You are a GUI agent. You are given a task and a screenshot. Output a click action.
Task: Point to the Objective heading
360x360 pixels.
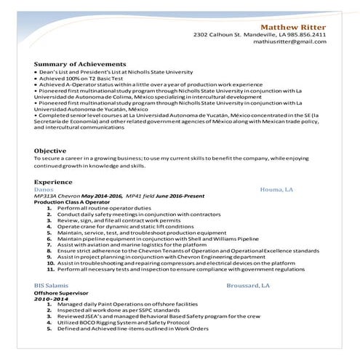(x=50, y=151)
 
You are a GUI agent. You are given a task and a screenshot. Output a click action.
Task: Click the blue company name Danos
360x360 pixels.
(x=44, y=188)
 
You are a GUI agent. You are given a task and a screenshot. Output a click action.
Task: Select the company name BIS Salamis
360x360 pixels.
(x=53, y=286)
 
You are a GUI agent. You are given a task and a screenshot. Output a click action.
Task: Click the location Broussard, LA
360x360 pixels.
(x=248, y=286)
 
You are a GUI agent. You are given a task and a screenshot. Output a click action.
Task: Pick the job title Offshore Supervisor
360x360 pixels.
(x=60, y=292)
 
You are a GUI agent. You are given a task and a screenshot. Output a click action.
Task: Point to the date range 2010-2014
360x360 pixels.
(x=50, y=298)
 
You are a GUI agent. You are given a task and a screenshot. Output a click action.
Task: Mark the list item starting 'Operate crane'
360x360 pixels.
(x=121, y=226)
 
